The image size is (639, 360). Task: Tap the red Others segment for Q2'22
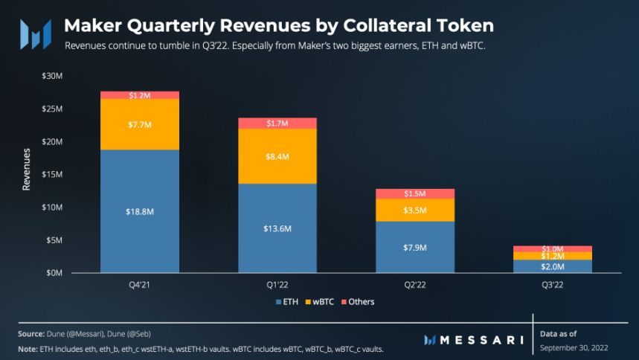[415, 193]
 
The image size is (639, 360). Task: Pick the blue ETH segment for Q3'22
[553, 266]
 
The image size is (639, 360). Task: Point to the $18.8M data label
[140, 212]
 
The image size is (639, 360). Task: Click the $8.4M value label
[277, 157]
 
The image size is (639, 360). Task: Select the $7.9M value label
[415, 248]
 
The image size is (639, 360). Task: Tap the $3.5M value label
[415, 210]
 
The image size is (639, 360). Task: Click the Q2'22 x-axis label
[415, 284]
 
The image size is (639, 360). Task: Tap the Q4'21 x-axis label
[140, 284]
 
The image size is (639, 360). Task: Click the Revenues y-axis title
[27, 170]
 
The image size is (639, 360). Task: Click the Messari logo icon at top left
[35, 34]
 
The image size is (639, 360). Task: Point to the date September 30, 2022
[574, 347]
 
